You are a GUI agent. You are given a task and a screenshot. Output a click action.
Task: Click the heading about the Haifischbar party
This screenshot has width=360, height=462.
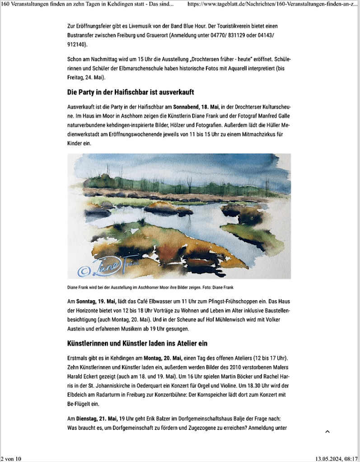[131, 93]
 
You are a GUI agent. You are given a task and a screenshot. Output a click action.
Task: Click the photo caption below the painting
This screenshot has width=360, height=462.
[150, 287]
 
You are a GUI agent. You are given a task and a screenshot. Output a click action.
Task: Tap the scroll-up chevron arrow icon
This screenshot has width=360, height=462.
[327, 432]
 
